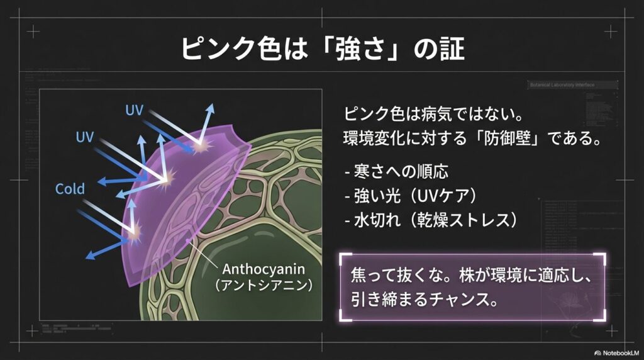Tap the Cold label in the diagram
(x=70, y=188)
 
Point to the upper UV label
(x=134, y=111)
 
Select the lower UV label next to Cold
(x=85, y=137)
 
